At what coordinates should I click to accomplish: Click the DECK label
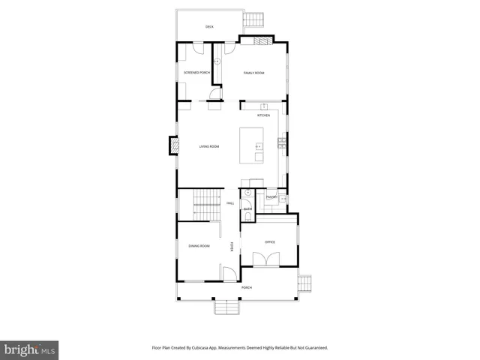coord(210,27)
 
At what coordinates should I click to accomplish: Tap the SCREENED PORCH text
coord(196,73)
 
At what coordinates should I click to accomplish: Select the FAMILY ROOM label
coord(253,73)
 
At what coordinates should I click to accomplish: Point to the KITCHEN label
coord(263,115)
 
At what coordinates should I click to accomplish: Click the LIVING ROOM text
coord(208,146)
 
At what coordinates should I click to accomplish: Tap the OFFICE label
coord(270,242)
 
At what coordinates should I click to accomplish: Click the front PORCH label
coord(246,288)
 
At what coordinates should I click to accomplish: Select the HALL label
coord(230,203)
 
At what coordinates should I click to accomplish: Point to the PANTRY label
coord(271,197)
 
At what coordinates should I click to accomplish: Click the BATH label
coord(247,209)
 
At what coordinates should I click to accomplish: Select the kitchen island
coord(251,145)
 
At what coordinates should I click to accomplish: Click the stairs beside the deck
coord(257,18)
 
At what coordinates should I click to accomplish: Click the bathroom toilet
coord(247,217)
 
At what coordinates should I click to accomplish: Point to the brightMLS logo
coord(30,349)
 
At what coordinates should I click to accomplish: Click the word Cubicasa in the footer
coord(211,348)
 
